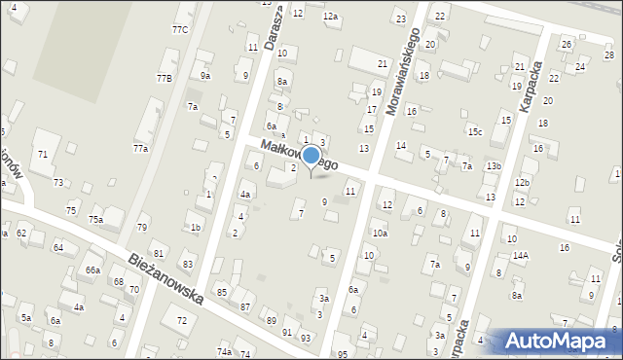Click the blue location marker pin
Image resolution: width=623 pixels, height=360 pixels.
pyautogui.click(x=311, y=157)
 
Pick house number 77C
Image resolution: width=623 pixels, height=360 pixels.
pyautogui.click(x=180, y=30)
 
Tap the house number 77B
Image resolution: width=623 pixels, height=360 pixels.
pyautogui.click(x=164, y=78)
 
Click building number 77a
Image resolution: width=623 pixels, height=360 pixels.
pyautogui.click(x=141, y=148)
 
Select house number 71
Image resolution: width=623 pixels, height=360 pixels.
pyautogui.click(x=42, y=155)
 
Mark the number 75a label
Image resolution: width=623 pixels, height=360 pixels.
pyautogui.click(x=95, y=220)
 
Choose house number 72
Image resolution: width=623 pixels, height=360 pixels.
pyautogui.click(x=180, y=320)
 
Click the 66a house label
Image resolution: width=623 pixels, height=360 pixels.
pyautogui.click(x=92, y=270)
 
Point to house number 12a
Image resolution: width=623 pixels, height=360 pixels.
pyautogui.click(x=330, y=17)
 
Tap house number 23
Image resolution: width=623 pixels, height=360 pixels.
pyautogui.click(x=400, y=18)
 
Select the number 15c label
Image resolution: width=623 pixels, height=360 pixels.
pyautogui.click(x=474, y=131)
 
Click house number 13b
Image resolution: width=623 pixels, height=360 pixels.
pyautogui.click(x=494, y=166)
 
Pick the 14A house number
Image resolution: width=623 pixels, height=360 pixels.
pyautogui.click(x=521, y=256)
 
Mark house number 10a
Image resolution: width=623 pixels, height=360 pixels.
pyautogui.click(x=380, y=234)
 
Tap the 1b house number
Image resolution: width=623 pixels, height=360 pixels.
pyautogui.click(x=196, y=228)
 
